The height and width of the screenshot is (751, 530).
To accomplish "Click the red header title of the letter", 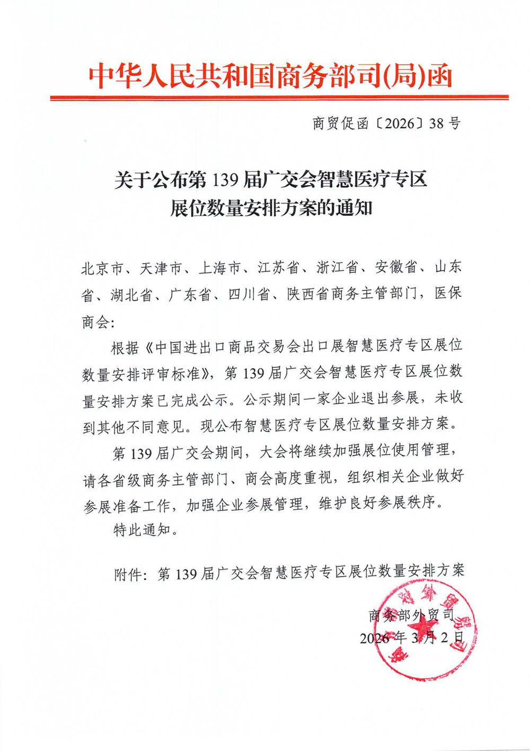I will click(270, 76).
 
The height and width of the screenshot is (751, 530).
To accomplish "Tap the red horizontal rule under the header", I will click(279, 98).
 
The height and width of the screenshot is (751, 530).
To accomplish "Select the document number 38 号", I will click(445, 123).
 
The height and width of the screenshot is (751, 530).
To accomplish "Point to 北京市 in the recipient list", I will click(103, 268).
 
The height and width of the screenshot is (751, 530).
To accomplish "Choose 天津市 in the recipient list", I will click(162, 268).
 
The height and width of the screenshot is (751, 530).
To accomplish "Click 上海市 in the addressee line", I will click(220, 268).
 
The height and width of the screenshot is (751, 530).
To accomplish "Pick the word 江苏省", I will click(279, 268).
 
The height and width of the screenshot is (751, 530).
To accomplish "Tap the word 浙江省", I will click(338, 268).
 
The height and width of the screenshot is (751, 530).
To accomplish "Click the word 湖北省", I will click(132, 295).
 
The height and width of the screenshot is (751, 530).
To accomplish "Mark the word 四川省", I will click(250, 294).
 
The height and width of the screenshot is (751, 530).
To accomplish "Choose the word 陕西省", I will click(308, 294).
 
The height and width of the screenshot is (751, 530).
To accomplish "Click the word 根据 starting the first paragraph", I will click(126, 348).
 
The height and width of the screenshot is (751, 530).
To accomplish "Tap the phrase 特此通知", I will click(142, 529).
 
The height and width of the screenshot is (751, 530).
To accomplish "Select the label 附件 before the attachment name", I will click(128, 573).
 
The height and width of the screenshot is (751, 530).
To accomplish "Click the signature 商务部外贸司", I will click(412, 615).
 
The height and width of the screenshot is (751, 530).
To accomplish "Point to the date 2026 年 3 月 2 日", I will click(412, 638).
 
